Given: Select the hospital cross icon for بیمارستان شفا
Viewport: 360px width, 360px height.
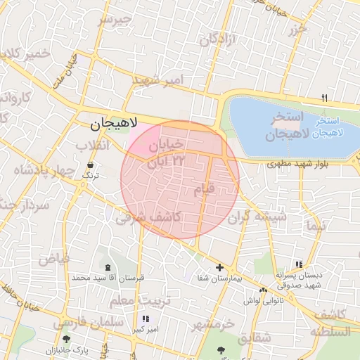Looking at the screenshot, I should [220, 267].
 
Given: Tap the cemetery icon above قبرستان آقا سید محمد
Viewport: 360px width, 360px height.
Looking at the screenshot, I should [108, 267].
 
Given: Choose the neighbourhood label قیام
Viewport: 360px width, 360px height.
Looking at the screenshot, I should [202, 190].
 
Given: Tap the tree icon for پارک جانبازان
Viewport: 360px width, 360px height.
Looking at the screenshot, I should [66, 340].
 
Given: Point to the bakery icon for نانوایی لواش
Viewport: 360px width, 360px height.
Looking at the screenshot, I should [263, 290].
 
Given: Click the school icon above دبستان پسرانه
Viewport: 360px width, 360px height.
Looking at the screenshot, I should [299, 264].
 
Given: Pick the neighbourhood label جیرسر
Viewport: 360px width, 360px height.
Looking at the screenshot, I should [115, 19].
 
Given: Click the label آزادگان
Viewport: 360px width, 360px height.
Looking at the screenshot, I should [215, 40].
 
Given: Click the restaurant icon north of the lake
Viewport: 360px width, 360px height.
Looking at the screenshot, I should [324, 97].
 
